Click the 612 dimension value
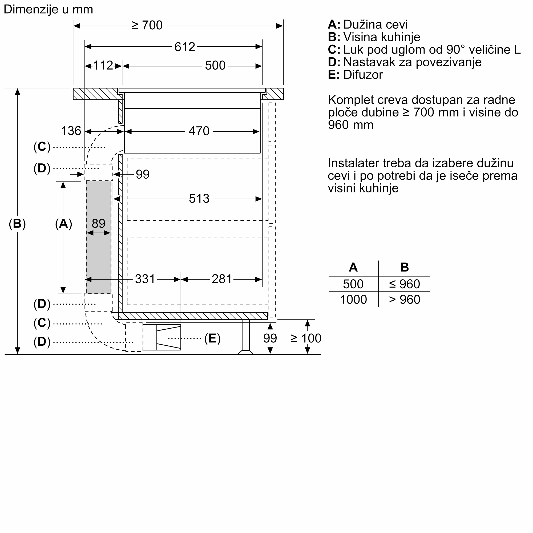tap(185, 47)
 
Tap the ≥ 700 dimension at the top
tap(147, 25)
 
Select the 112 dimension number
tap(103, 66)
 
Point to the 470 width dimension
tap(199, 131)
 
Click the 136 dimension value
tap(71, 131)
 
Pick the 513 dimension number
tap(199, 199)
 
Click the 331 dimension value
tap(145, 279)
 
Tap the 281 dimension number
tap(221, 279)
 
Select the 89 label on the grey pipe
tap(99, 224)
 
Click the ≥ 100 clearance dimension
tap(306, 338)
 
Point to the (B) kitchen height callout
tap(17, 224)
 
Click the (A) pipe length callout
tap(63, 224)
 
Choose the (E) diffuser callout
tap(212, 338)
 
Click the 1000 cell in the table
tap(353, 300)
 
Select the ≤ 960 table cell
tap(404, 284)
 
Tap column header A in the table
tap(353, 267)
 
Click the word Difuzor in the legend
tap(363, 75)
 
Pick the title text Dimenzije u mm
tap(48, 9)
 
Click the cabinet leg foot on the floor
tap(245, 352)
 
